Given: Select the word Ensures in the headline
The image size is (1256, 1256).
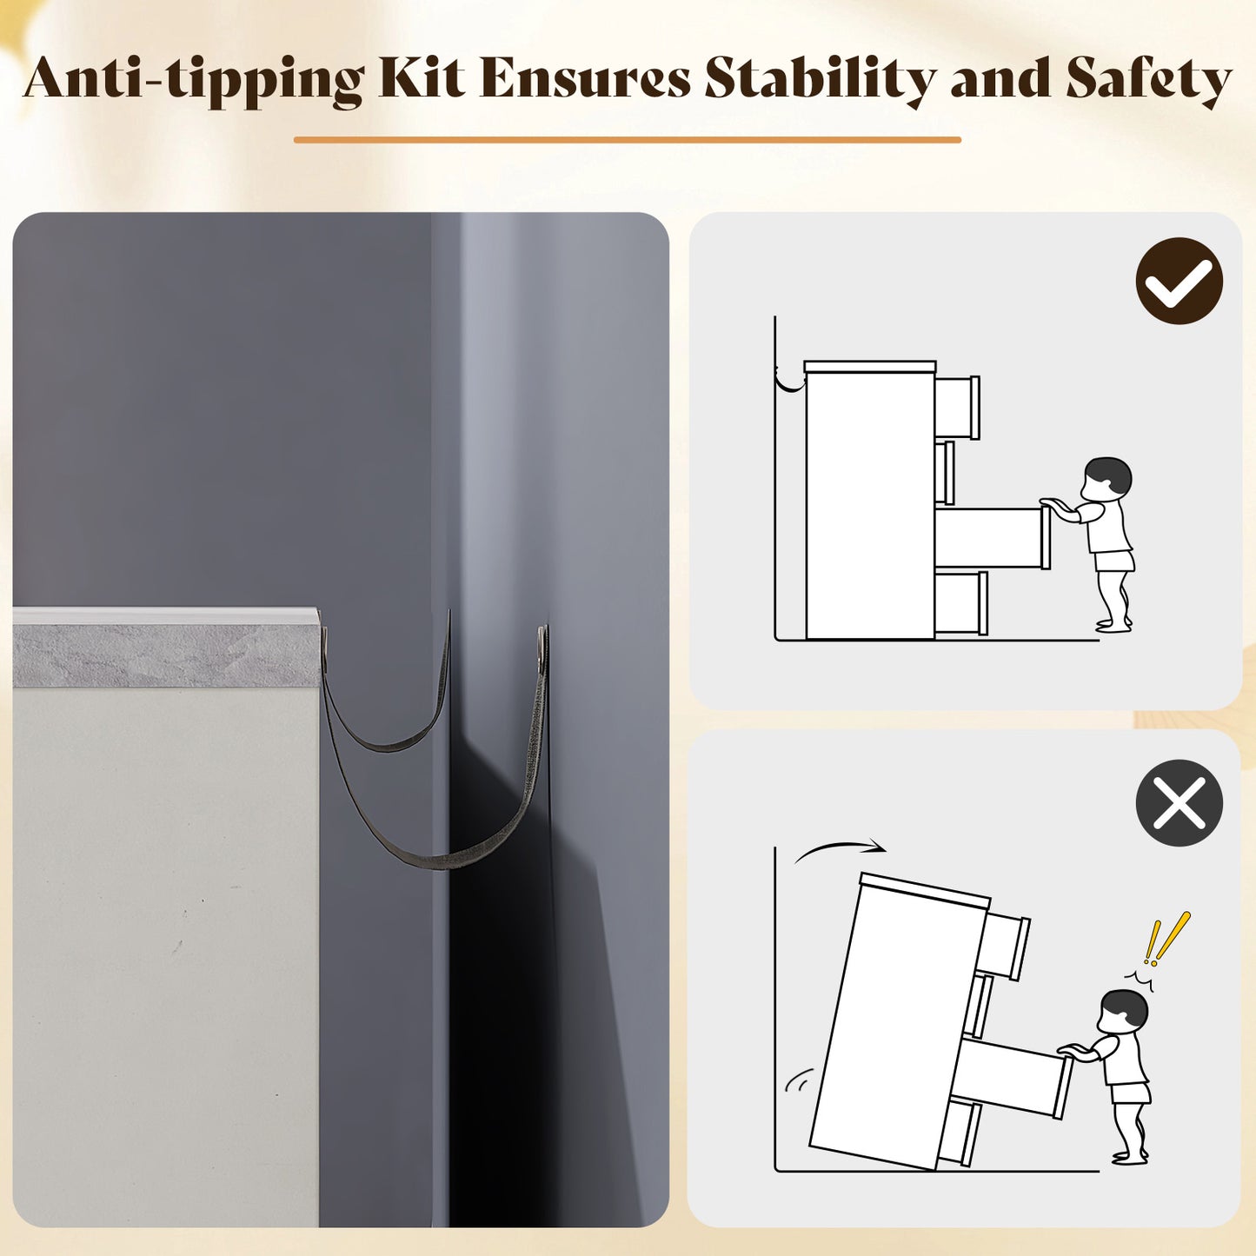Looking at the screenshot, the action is tap(585, 79).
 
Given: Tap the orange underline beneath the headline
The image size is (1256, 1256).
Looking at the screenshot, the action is tap(627, 139).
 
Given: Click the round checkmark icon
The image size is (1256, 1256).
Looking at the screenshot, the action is tap(1180, 281).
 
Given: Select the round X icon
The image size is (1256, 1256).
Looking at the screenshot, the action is tap(1179, 803).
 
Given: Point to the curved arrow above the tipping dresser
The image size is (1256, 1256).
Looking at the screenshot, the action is tap(840, 847).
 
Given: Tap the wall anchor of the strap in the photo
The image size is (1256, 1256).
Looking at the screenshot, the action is tap(542, 643).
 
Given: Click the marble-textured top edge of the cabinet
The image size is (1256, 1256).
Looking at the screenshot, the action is tap(166, 655).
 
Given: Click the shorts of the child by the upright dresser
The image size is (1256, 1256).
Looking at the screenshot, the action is tap(1115, 562).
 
